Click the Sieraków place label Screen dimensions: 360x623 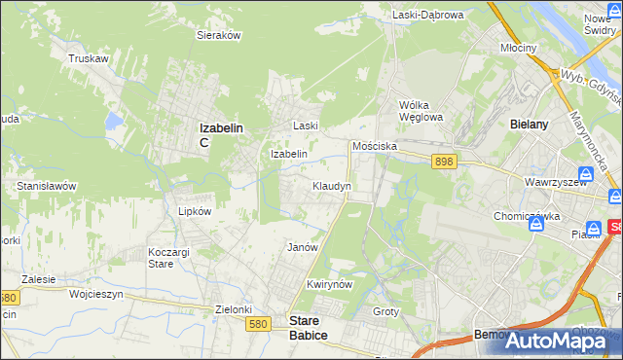219,34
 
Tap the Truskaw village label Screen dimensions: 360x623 87,58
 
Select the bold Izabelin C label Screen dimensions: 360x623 220,133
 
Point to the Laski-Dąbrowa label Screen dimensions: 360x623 427,15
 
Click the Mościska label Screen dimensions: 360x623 375,145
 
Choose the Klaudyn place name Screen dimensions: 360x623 331,185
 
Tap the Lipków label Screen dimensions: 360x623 181,209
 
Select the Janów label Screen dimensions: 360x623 303,247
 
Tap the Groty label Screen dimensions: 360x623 386,310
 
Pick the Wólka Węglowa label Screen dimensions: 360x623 421,111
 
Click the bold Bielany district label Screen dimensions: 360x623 531,125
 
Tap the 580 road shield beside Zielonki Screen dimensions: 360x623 258,322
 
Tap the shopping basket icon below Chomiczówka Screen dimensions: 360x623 535,225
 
